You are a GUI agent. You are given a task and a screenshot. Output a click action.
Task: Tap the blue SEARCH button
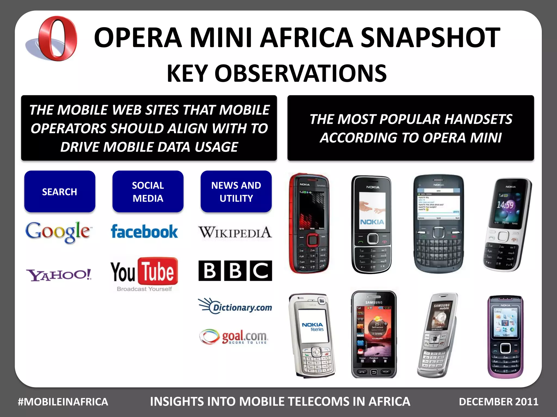pos(60,191)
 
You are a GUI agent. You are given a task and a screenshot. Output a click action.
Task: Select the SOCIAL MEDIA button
pos(148,191)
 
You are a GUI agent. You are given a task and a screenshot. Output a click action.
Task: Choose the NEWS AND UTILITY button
pos(236,191)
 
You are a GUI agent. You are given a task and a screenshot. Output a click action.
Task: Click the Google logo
pos(58,232)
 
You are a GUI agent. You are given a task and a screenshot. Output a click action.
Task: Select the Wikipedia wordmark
pos(235,233)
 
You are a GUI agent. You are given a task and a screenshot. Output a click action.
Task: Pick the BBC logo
pos(235,271)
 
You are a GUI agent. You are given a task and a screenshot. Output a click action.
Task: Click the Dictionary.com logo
pos(235,307)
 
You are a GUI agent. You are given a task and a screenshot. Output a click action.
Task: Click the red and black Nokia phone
pos(309,223)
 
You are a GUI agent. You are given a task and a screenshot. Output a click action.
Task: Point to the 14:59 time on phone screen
pos(505,205)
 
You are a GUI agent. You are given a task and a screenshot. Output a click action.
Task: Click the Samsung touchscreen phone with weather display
pos(374,334)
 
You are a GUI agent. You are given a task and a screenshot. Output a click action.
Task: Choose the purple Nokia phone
pos(505,337)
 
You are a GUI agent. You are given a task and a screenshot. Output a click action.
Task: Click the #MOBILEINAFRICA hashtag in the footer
pos(63,402)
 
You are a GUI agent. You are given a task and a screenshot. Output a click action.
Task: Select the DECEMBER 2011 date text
pos(499,402)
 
